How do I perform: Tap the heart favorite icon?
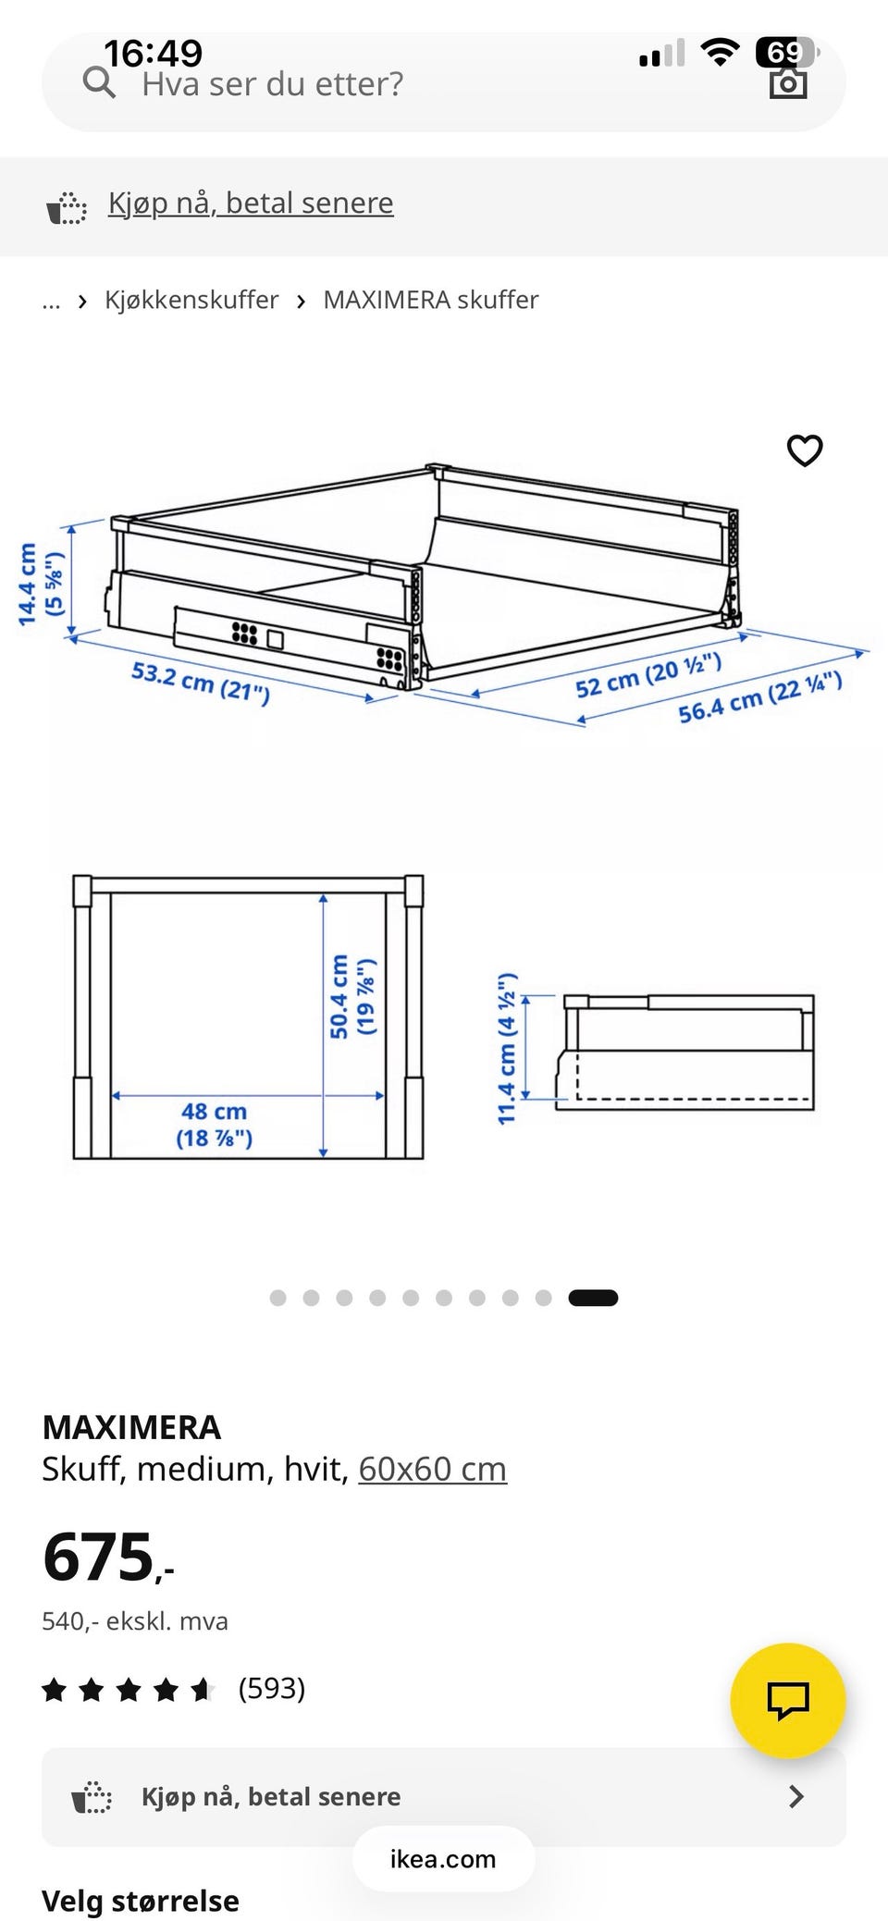[x=805, y=450]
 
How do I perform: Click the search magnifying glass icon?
[x=99, y=83]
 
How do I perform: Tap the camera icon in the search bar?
[x=788, y=83]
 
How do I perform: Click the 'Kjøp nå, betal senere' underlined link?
[x=251, y=203]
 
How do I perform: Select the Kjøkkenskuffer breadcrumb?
[x=191, y=300]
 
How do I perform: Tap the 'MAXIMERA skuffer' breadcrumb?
[x=431, y=300]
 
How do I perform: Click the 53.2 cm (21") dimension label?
[x=201, y=683]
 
